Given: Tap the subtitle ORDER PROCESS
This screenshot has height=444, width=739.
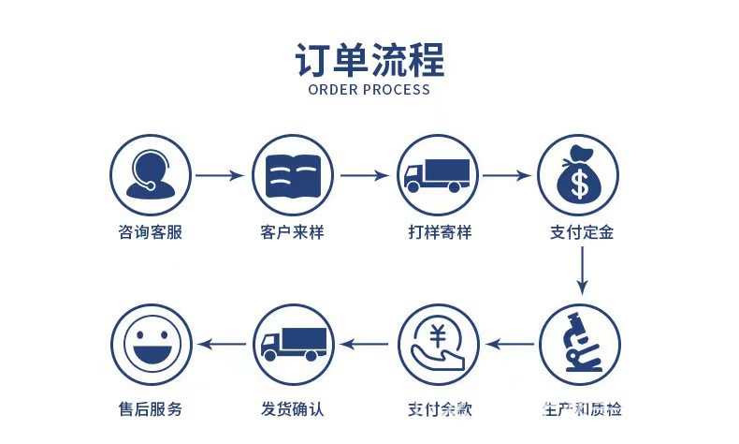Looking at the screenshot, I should (x=369, y=90).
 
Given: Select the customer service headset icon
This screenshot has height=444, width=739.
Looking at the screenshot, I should (x=151, y=175).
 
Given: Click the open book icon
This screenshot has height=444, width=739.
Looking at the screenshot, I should (x=292, y=175).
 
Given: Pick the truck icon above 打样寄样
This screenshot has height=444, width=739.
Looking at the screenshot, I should (x=436, y=175).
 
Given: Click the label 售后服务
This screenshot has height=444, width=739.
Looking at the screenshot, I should (x=151, y=409).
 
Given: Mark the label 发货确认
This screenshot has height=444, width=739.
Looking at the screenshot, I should (x=293, y=409).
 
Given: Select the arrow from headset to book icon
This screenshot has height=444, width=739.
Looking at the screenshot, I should (x=220, y=175).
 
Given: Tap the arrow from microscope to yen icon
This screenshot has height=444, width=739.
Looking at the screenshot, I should (x=511, y=344).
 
